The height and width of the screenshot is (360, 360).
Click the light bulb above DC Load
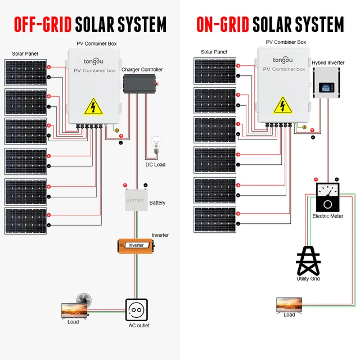tap(156, 145)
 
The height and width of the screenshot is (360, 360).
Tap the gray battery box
tap(136, 200)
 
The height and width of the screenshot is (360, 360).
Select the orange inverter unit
tap(136, 246)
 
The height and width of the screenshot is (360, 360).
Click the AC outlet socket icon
tap(137, 310)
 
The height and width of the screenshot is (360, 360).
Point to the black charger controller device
tap(140, 84)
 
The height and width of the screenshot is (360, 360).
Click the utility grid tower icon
tap(308, 260)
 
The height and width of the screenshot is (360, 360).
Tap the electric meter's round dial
tap(327, 204)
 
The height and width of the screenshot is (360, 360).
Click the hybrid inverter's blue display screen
tap(326, 88)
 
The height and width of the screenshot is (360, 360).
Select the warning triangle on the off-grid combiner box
tap(93, 106)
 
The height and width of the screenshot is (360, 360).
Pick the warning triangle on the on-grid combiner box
tap(282, 105)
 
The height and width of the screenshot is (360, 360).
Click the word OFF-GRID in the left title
tap(43, 24)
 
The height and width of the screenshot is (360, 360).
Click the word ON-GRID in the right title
tap(223, 24)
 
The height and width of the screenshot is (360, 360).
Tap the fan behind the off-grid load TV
tap(84, 300)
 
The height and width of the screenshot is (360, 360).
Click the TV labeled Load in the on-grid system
tap(289, 305)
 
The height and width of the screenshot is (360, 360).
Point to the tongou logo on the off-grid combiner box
tap(93, 61)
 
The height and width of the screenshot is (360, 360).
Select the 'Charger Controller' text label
tap(142, 70)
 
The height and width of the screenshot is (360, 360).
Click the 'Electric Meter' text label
tap(327, 216)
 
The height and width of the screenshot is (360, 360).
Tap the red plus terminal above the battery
tap(125, 185)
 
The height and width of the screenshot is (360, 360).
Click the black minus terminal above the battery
tap(145, 185)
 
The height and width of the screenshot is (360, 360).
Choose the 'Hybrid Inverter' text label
tap(328, 62)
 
